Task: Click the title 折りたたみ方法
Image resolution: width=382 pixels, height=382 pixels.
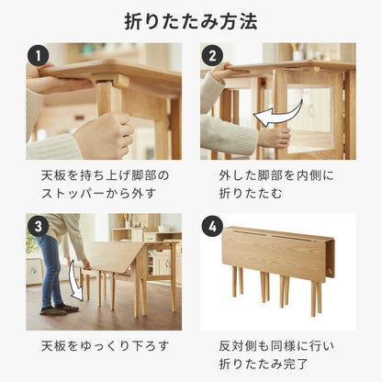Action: (190, 20)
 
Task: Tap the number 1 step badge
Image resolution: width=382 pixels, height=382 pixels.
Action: (39, 57)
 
